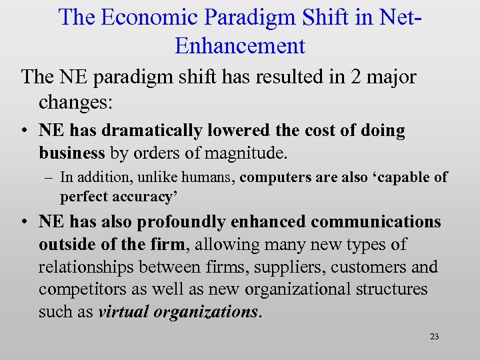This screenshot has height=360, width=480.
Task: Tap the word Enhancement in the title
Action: click(x=240, y=45)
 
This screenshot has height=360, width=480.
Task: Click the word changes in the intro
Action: click(x=73, y=101)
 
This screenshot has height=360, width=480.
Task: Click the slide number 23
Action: click(x=434, y=337)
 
